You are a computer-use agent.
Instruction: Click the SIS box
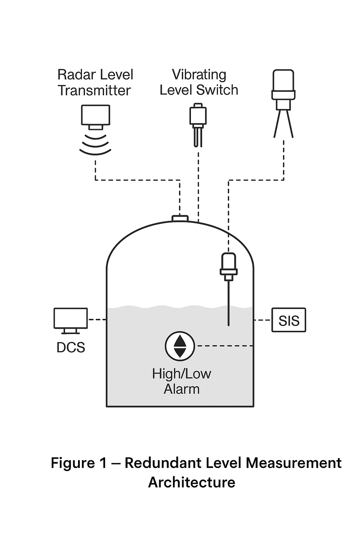coord(289,320)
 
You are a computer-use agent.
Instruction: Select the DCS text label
coord(71,347)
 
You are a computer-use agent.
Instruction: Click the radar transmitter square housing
coord(96,115)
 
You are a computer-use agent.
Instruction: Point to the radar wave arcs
coord(95,144)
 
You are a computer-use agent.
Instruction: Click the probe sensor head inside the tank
coord(229,264)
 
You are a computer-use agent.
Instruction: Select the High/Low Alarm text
coord(181,381)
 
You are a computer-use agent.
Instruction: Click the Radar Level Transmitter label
coord(95,83)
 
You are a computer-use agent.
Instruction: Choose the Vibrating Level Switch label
coord(199,82)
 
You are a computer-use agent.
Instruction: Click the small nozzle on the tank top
coord(180,218)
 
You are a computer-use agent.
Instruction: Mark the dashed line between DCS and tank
coord(97,320)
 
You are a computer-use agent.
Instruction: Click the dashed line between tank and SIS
coord(263,320)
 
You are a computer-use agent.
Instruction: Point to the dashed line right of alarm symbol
coord(225,346)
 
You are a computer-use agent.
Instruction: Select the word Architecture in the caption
coord(192,482)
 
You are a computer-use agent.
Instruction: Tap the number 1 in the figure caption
coord(103,463)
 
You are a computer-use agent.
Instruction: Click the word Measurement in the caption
coord(294,463)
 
